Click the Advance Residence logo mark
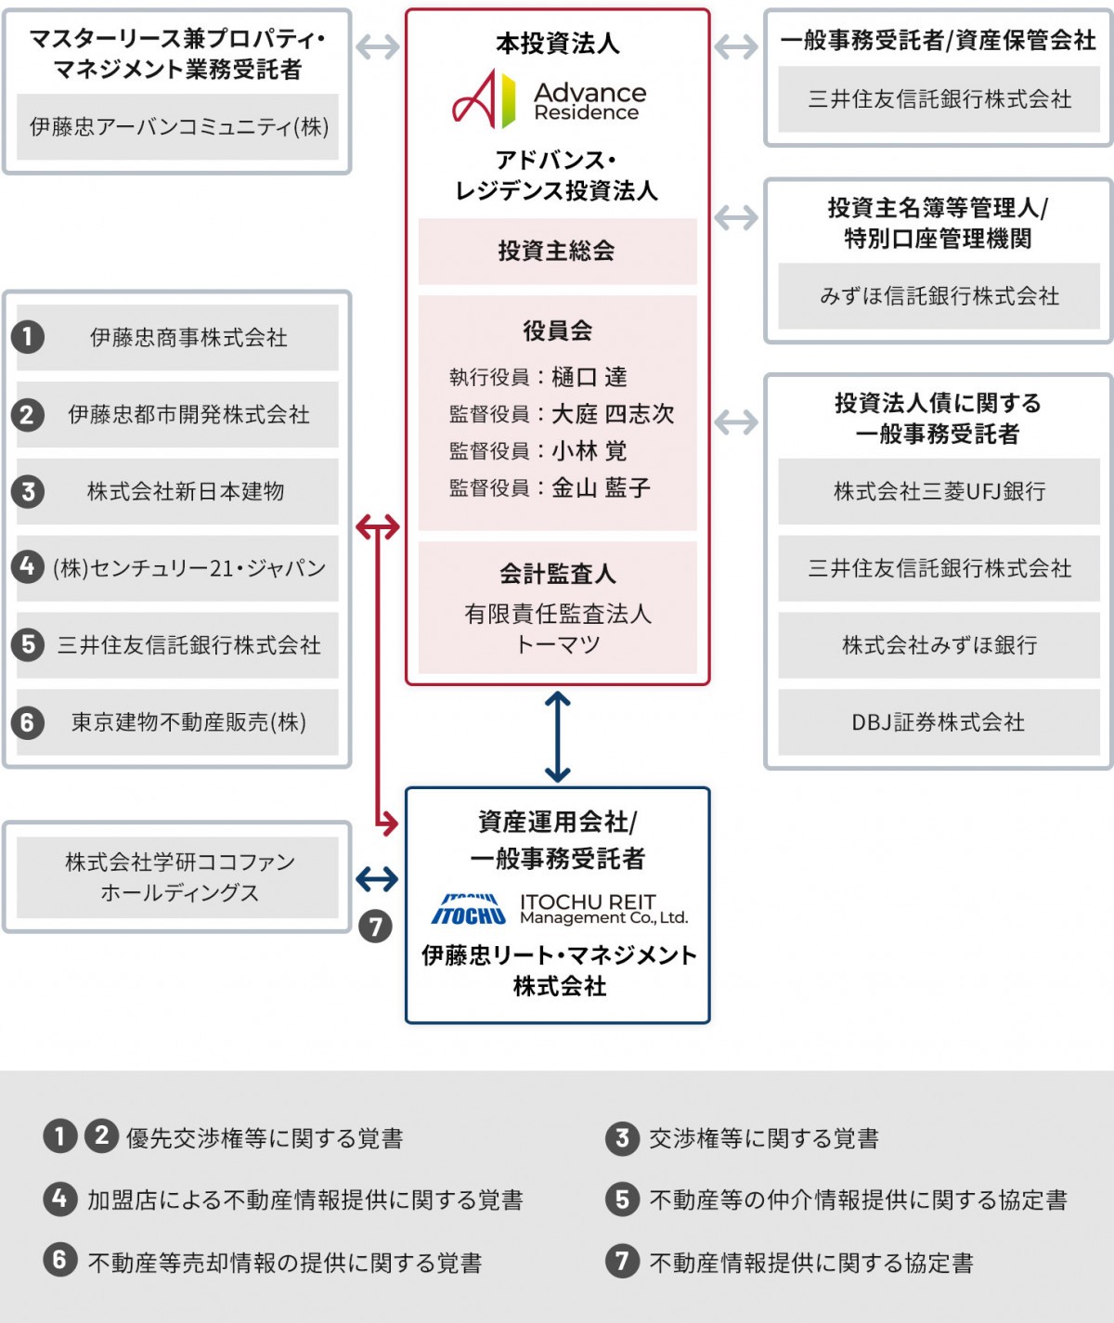pos(483,99)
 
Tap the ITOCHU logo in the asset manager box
pos(469,910)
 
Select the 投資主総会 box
pos(557,251)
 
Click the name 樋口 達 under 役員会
pos(589,377)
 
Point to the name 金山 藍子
pos(601,487)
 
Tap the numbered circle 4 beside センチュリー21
pos(28,566)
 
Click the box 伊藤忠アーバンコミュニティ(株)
pos(178,127)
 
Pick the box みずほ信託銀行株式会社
pos(939,296)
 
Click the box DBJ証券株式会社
pos(939,722)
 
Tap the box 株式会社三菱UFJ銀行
pos(939,491)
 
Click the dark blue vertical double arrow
pos(557,736)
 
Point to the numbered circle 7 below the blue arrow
pos(375,926)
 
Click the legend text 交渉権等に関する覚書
pos(763,1138)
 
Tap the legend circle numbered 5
pos(622,1200)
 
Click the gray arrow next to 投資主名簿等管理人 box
pos(736,218)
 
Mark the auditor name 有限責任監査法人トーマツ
pos(557,629)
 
